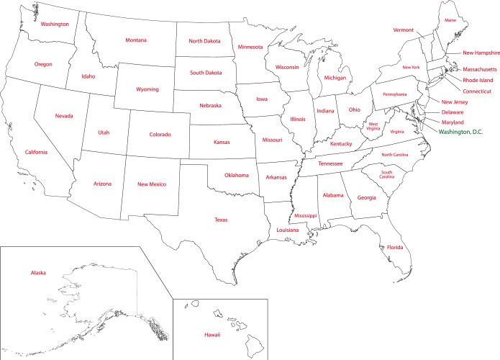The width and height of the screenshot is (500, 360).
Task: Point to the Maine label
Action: tap(450, 20)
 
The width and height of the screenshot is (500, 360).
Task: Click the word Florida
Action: tap(395, 248)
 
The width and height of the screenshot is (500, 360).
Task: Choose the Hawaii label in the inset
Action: tap(212, 335)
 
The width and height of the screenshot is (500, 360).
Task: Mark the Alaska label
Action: tap(39, 273)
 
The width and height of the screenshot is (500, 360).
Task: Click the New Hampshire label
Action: tap(481, 53)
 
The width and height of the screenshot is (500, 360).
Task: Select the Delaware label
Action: tap(453, 112)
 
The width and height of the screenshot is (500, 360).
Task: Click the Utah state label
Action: tap(104, 132)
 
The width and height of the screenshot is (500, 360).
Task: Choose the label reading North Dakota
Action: tap(205, 41)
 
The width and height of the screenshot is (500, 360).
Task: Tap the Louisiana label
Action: tap(287, 230)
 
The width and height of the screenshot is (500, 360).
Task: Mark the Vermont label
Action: tap(404, 30)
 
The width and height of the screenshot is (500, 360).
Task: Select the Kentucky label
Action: tap(341, 144)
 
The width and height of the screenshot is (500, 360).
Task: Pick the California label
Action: tap(36, 152)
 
